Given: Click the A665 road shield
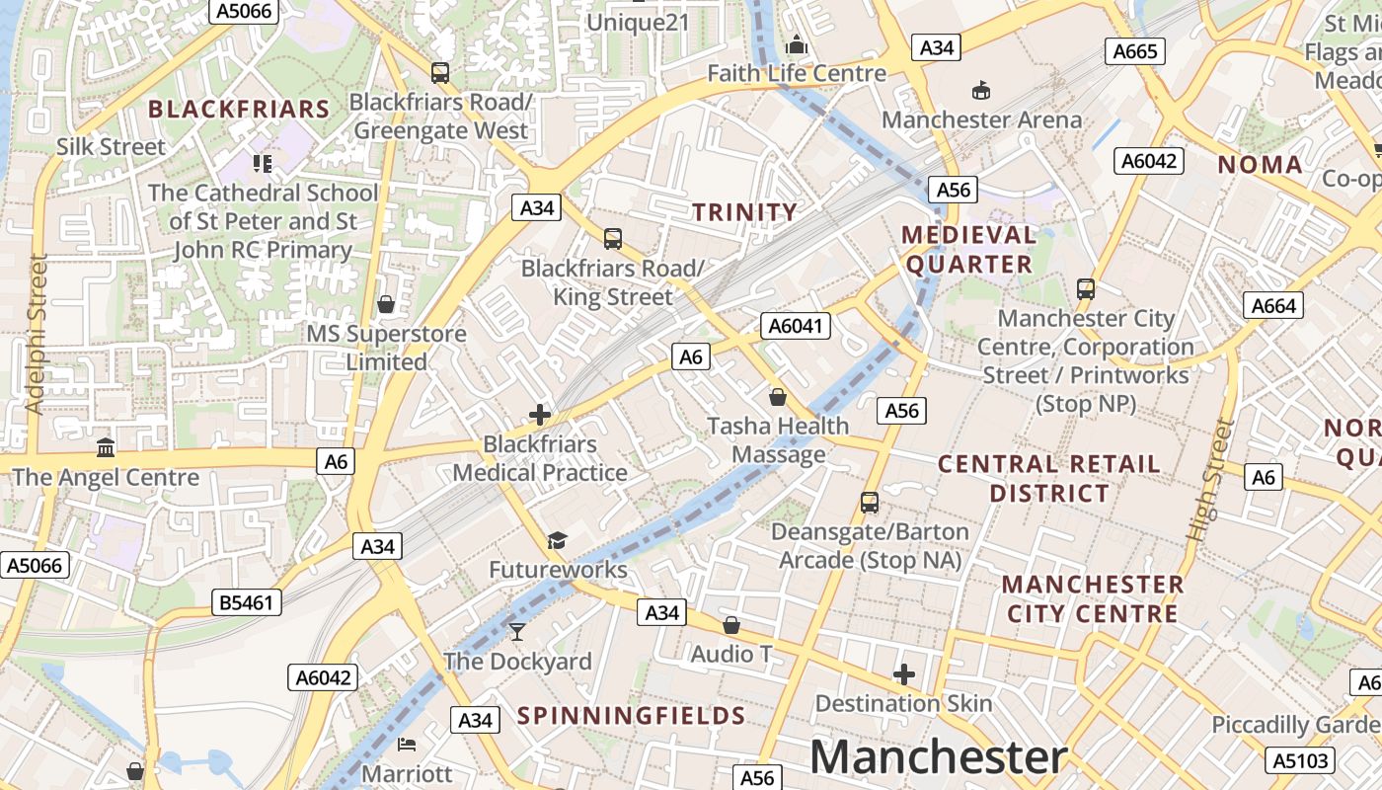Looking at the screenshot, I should (1135, 51).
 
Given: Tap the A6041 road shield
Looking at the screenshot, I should (796, 326).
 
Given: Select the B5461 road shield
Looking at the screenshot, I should (246, 602).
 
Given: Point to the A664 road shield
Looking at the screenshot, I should (1273, 306).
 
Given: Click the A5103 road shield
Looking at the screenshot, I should (1301, 760).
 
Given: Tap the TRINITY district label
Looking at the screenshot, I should (744, 212).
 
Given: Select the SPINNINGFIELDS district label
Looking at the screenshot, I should (631, 716).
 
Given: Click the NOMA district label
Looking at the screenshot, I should (1260, 165).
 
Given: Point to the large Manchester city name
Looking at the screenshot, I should (939, 757).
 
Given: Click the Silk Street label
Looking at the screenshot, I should (111, 147).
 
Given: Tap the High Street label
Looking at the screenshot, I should (1210, 480).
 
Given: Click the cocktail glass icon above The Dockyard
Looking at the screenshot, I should (517, 631).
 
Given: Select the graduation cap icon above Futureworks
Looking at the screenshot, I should (558, 540).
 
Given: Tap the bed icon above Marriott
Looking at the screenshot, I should (407, 744).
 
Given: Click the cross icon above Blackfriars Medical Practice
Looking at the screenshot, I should (540, 415).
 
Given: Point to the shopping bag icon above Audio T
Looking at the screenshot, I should (730, 625).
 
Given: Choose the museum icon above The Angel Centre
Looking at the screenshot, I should (106, 448).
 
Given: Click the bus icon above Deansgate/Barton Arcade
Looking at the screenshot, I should (870, 503).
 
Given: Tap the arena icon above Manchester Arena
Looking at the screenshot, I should (981, 91).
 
